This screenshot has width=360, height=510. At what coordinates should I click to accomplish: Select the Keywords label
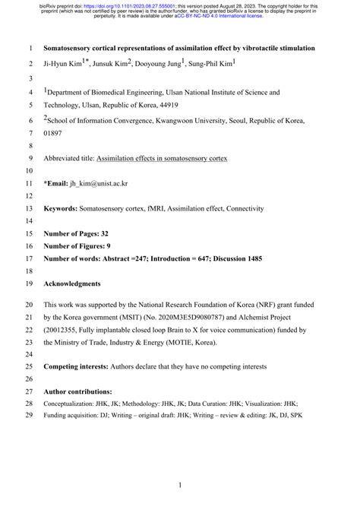[62, 208]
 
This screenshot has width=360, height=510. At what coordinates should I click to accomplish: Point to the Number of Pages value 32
[112, 233]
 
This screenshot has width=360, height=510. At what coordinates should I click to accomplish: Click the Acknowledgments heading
[72, 284]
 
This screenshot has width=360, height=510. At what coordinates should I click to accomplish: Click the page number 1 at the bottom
[179, 484]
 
